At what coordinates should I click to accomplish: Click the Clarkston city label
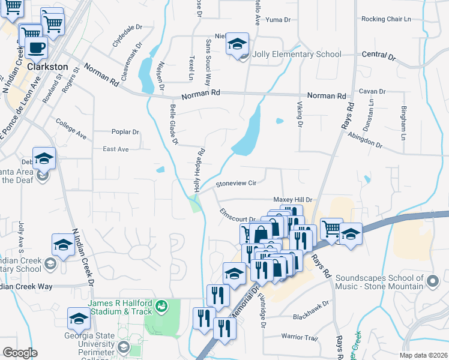[x=46, y=67]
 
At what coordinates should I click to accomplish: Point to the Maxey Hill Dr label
[x=293, y=199]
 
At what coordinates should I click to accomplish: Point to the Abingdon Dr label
[x=365, y=141]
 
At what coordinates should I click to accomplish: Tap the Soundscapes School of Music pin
[x=432, y=280]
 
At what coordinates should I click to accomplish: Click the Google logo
[x=20, y=353]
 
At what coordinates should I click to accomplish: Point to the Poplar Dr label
[x=125, y=132]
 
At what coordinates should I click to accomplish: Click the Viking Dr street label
[x=299, y=114]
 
